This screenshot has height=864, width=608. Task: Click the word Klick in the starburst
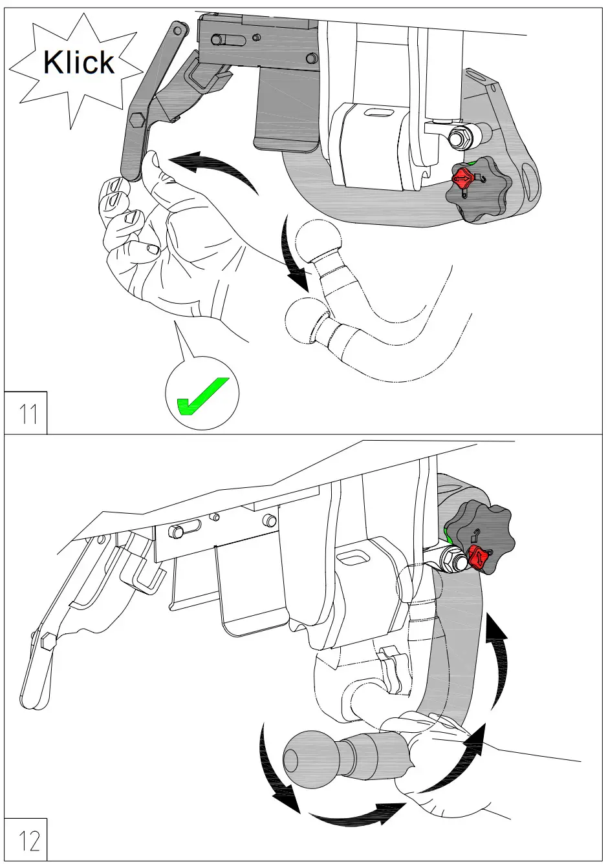[x=78, y=62]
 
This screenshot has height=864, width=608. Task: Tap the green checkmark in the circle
[x=201, y=395]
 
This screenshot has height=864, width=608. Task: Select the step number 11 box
[x=27, y=412]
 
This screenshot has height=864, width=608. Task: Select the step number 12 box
[x=27, y=839]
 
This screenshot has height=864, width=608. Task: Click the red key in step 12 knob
[x=479, y=557]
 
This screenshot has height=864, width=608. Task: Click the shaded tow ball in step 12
[x=310, y=759]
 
